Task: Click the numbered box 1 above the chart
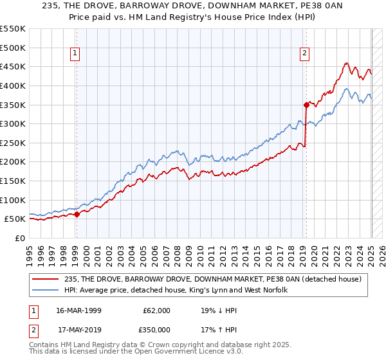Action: coord(76,54)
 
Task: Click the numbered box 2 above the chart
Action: coord(304,54)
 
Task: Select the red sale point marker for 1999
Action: coord(77,215)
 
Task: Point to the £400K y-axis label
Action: coord(14,85)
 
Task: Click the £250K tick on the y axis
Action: coord(14,143)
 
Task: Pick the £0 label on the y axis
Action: coord(19,238)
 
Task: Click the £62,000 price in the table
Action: coord(156,310)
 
